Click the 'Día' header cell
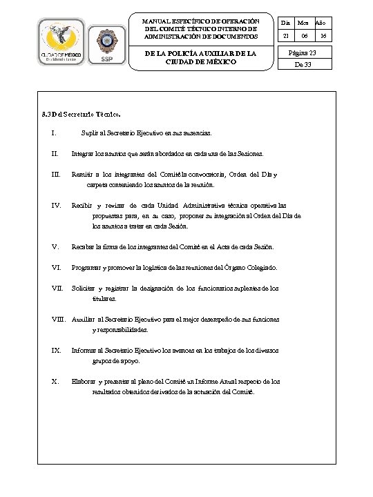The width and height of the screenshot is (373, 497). click(286, 23)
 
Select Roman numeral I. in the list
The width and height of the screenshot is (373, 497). click(54, 132)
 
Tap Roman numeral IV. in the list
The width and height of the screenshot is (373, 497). click(57, 205)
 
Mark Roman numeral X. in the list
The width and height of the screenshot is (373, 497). click(55, 381)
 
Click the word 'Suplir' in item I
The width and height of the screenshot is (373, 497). click(90, 132)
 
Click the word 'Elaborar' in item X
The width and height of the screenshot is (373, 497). click(84, 381)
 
